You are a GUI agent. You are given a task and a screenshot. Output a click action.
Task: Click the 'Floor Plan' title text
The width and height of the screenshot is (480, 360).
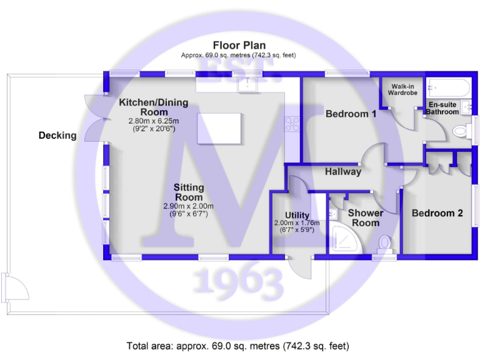(x=239, y=45)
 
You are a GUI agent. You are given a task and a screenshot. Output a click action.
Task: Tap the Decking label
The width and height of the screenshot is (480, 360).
(x=57, y=135)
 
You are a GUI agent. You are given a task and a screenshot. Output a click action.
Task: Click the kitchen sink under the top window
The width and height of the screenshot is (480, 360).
(x=249, y=84)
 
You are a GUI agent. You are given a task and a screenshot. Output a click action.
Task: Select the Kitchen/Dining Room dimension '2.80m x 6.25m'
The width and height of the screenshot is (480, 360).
(x=153, y=121)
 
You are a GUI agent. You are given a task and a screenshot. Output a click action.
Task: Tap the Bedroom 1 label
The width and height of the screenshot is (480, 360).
(x=351, y=114)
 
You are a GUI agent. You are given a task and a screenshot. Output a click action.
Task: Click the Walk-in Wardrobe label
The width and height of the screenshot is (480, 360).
(x=402, y=89)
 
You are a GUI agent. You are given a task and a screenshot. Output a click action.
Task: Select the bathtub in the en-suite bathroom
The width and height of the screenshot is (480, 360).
(x=449, y=88)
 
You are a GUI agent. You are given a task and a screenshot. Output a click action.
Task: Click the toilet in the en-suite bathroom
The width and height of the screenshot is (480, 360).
(x=461, y=131)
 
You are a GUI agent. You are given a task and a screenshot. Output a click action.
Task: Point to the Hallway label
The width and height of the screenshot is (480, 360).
(x=342, y=171)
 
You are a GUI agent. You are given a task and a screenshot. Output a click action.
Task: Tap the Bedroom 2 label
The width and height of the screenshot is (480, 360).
(x=437, y=213)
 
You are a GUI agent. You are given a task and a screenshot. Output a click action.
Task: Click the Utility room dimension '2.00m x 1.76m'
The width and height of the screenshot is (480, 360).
(x=296, y=223)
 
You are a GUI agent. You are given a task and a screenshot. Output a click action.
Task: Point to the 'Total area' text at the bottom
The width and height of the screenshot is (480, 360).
(x=238, y=346)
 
